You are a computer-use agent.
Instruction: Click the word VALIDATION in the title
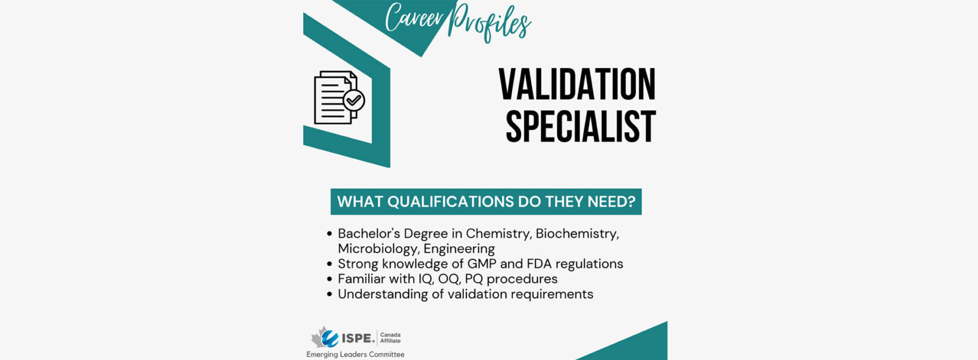tap(577, 84)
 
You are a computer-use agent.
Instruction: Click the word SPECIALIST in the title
tap(581, 127)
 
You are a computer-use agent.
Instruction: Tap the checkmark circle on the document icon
tap(354, 100)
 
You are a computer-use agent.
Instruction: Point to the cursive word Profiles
tap(490, 23)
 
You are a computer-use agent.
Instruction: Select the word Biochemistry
tap(577, 234)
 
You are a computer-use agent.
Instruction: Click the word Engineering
tap(459, 249)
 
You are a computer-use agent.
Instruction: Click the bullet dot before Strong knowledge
tap(329, 265)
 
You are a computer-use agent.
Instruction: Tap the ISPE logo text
tap(358, 338)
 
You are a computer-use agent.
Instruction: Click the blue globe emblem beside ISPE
tap(329, 338)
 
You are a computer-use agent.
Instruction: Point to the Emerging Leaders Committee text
tap(355, 354)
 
